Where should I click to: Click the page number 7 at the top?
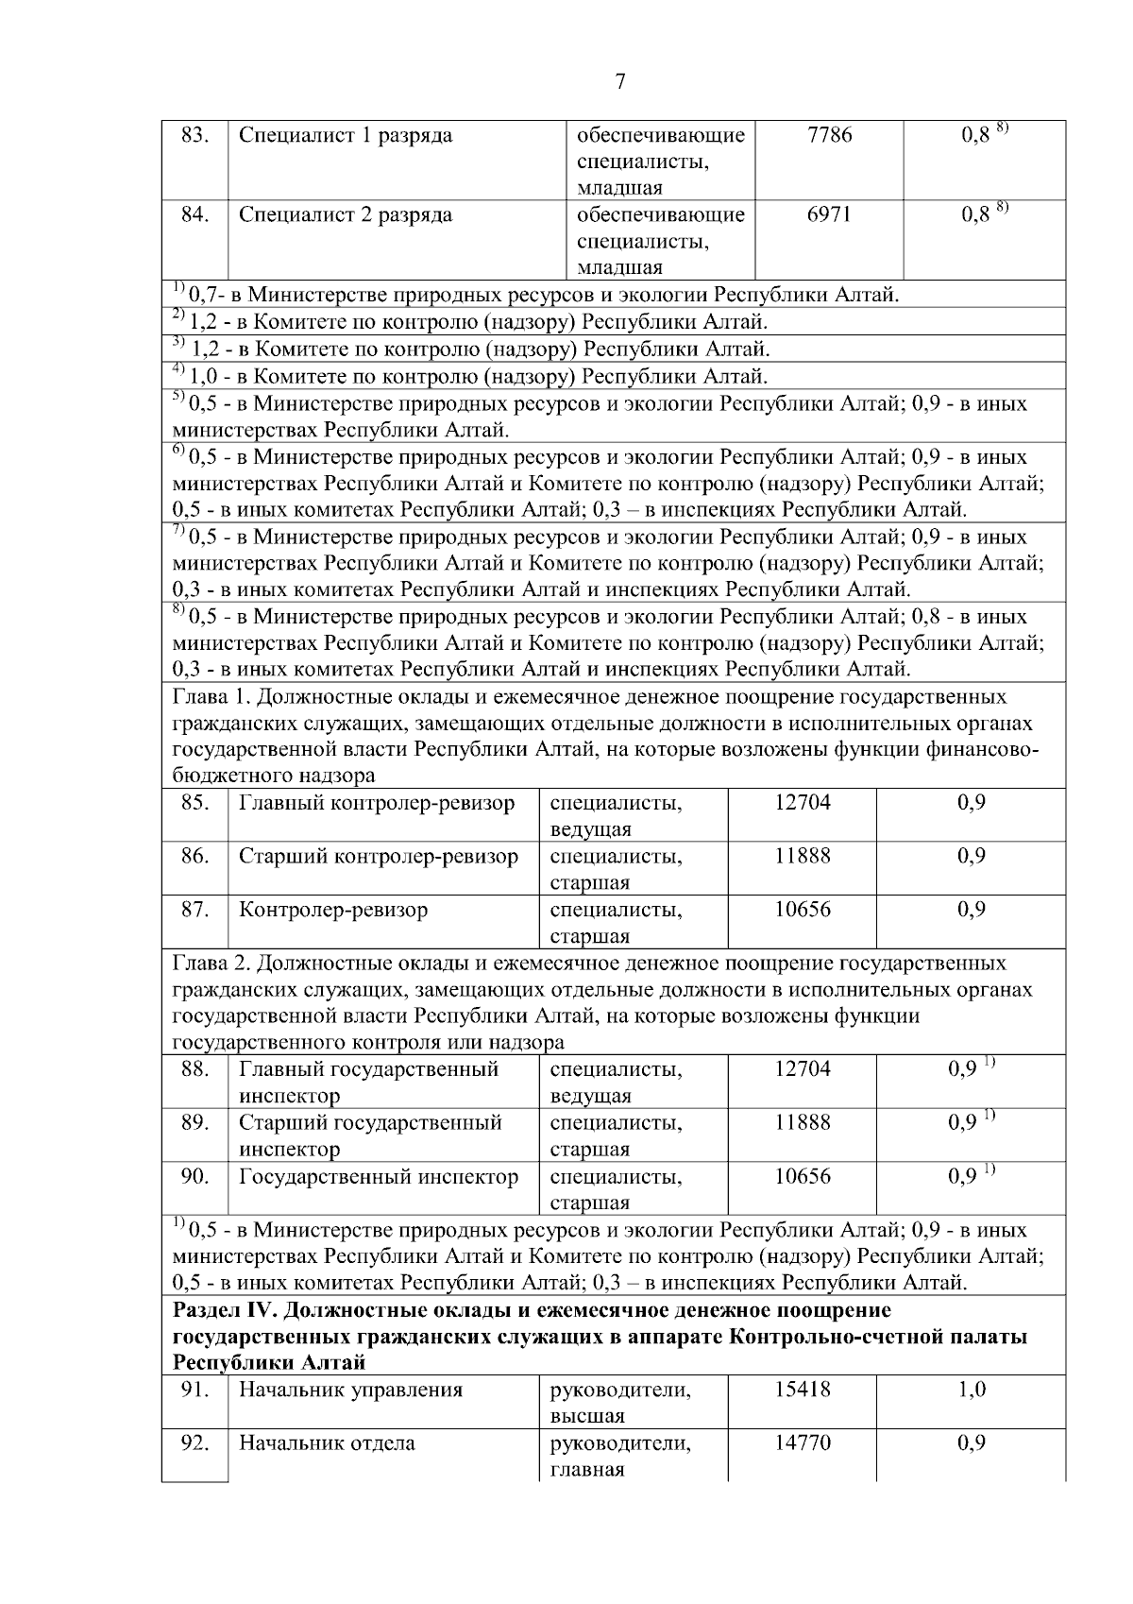click(x=620, y=82)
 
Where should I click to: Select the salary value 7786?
click(x=830, y=135)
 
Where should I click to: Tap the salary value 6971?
click(x=829, y=214)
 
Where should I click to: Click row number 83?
click(x=194, y=135)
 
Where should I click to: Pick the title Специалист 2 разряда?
click(x=346, y=214)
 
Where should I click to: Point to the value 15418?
click(x=803, y=1390)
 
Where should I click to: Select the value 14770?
click(x=803, y=1442)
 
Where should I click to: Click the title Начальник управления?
click(x=350, y=1390)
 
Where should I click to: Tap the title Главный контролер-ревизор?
click(x=377, y=803)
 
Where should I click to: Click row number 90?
click(x=194, y=1177)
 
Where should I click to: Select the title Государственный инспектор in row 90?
click(x=379, y=1177)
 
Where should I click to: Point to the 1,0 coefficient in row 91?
click(x=972, y=1390)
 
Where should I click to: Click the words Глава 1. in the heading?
click(x=211, y=697)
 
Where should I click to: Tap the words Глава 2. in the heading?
click(x=211, y=964)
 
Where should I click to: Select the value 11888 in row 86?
click(x=803, y=856)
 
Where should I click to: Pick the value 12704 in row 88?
click(x=803, y=1069)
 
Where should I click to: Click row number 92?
click(x=194, y=1442)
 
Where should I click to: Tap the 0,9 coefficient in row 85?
click(x=972, y=803)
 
